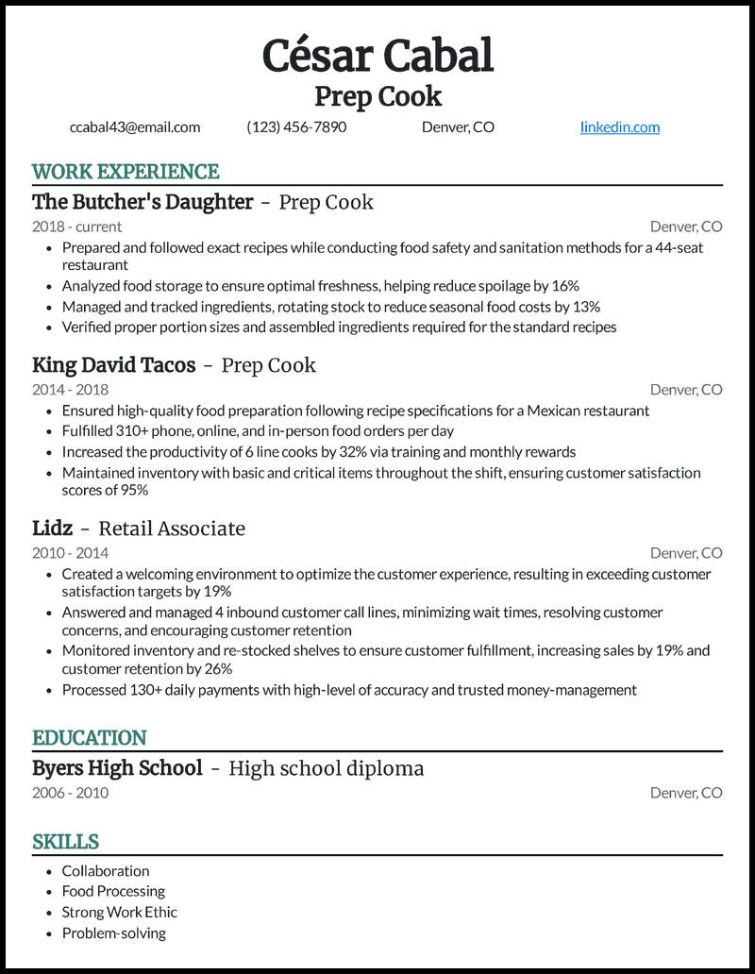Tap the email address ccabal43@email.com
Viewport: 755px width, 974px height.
[135, 127]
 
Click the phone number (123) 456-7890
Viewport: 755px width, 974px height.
[296, 127]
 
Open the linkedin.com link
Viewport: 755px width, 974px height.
[619, 127]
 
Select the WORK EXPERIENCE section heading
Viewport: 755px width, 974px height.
[126, 172]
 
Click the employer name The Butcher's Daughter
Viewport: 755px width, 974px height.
[143, 202]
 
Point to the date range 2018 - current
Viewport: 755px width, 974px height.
[76, 227]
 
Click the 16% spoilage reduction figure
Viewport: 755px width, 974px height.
[564, 286]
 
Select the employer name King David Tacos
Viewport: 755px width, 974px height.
[113, 365]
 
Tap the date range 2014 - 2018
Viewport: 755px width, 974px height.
[70, 390]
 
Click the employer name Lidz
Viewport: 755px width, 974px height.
[53, 529]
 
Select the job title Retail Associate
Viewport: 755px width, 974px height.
[172, 529]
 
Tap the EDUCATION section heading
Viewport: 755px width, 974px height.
[90, 738]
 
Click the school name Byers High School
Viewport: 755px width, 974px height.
[117, 768]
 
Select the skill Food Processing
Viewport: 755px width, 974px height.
[113, 892]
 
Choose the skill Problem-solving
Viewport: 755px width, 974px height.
[113, 933]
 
